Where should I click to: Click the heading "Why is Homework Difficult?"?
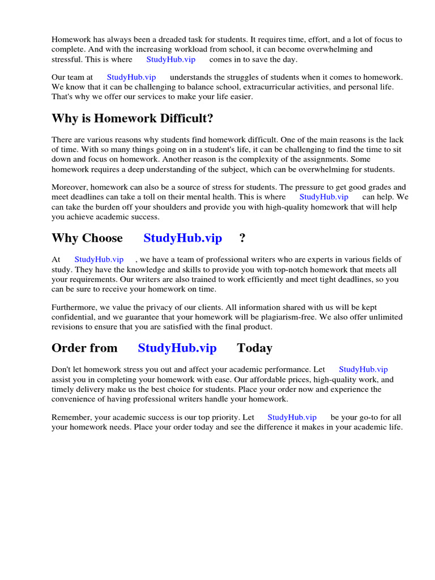(133, 119)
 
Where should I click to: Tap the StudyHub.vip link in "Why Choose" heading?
(182, 238)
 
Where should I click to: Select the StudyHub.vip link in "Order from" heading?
(177, 348)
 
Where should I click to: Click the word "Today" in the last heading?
(254, 348)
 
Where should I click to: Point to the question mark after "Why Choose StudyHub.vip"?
(242, 238)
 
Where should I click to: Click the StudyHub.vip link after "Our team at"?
(131, 77)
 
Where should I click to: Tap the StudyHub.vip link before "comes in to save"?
(170, 59)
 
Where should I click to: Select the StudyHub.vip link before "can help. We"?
(323, 197)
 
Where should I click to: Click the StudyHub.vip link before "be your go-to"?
(292, 417)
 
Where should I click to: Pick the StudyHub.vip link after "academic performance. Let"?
(363, 369)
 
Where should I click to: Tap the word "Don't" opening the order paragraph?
(61, 369)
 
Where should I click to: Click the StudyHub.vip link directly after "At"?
(99, 259)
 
